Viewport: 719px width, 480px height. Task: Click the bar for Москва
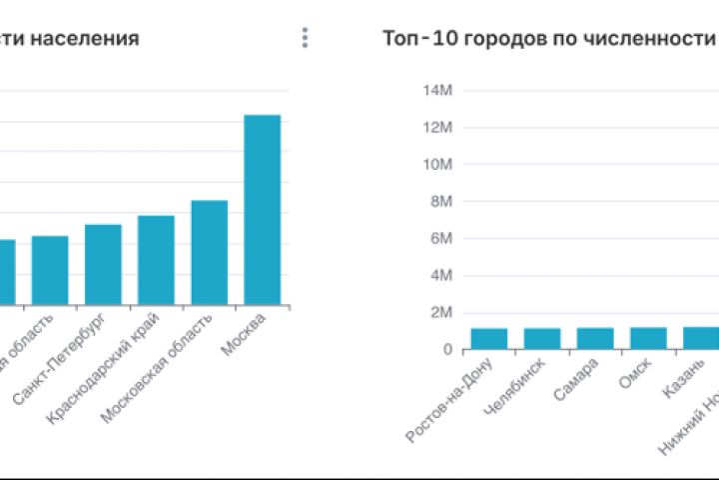coord(263,210)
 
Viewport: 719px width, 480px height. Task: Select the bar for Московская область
coord(210,252)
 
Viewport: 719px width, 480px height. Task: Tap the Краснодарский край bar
coord(156,260)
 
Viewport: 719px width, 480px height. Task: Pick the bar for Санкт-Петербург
coord(103,264)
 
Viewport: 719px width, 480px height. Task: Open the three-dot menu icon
coord(305,38)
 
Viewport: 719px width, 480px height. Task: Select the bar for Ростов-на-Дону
coord(489,339)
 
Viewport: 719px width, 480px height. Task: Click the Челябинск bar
coord(542,339)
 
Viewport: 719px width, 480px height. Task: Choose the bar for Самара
coord(595,339)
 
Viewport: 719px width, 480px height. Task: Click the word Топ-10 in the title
coord(412,39)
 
